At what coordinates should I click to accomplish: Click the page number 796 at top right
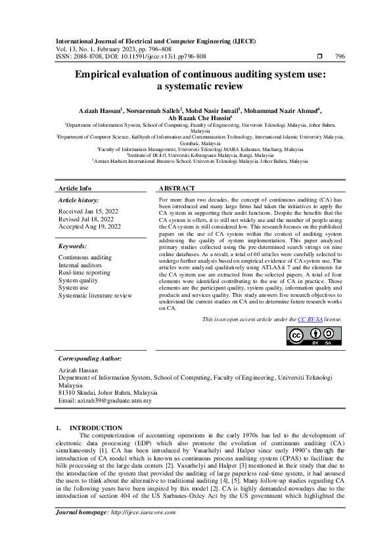(340, 56)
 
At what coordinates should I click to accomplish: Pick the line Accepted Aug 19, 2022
(90, 227)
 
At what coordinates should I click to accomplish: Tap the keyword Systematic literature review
(95, 296)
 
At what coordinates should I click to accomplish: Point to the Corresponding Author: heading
(90, 359)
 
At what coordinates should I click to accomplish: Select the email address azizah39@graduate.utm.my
(115, 400)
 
